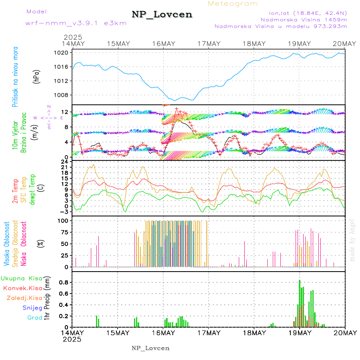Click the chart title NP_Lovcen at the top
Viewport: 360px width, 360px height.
click(162, 15)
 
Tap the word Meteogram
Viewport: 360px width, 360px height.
click(233, 4)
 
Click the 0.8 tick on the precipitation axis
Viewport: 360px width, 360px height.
click(64, 282)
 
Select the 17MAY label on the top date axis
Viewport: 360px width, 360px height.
click(209, 44)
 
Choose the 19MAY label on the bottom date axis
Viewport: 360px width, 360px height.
click(300, 332)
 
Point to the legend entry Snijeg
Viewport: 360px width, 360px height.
click(32, 308)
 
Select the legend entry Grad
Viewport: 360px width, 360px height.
click(35, 318)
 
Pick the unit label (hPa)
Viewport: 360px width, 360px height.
click(36, 77)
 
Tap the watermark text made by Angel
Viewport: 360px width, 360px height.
click(352, 240)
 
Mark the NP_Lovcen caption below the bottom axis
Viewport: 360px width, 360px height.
click(150, 348)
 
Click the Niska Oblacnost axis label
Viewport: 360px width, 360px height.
click(24, 243)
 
